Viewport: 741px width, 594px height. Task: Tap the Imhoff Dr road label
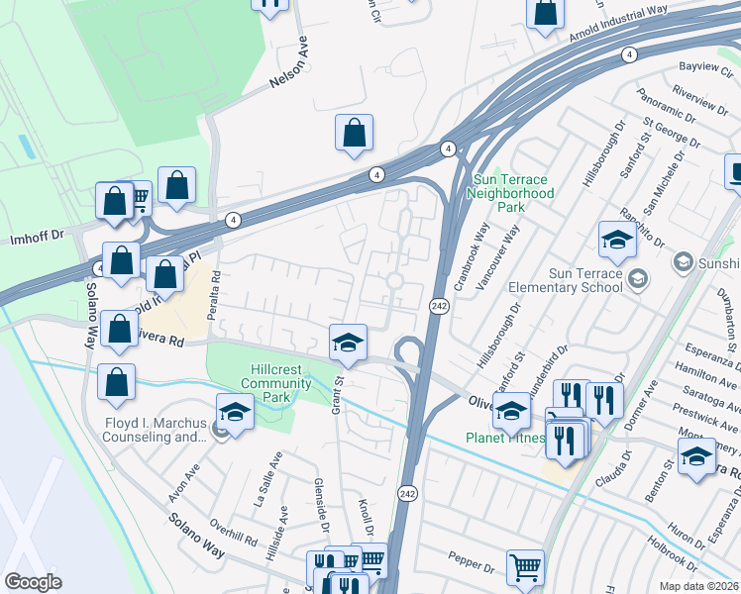[x=37, y=236]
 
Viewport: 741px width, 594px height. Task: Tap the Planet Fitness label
[x=505, y=438]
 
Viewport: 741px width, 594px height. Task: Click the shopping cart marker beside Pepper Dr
[x=525, y=568]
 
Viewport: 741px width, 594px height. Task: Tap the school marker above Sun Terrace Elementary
[x=616, y=239]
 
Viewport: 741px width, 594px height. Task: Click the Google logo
[x=34, y=582]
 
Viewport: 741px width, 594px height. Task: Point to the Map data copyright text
[x=699, y=586]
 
